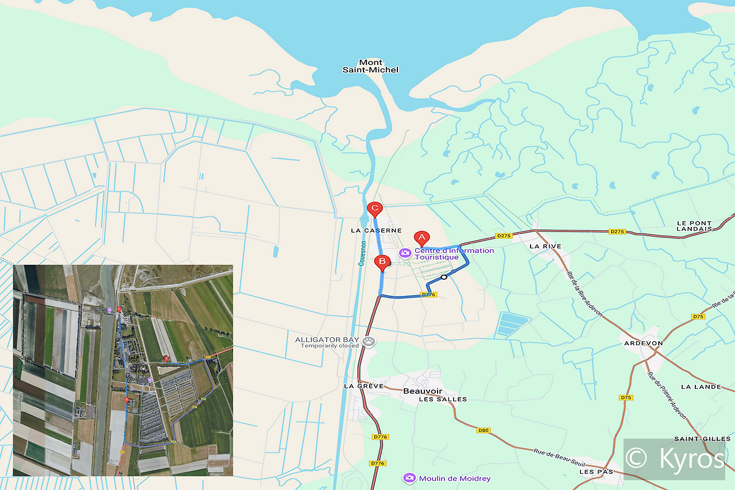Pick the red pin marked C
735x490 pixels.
[374, 209]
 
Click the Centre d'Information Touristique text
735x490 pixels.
[454, 254]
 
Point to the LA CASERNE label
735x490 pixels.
[376, 230]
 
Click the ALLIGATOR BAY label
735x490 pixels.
[327, 339]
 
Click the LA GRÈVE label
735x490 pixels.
[363, 386]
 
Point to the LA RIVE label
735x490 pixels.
[545, 246]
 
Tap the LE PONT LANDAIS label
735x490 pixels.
[694, 226]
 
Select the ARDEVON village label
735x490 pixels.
[643, 343]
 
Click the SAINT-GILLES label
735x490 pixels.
[698, 439]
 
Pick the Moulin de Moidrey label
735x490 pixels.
[455, 478]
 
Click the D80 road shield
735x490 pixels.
[483, 430]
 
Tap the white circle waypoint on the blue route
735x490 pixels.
[444, 277]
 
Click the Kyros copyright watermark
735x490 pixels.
[674, 459]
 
